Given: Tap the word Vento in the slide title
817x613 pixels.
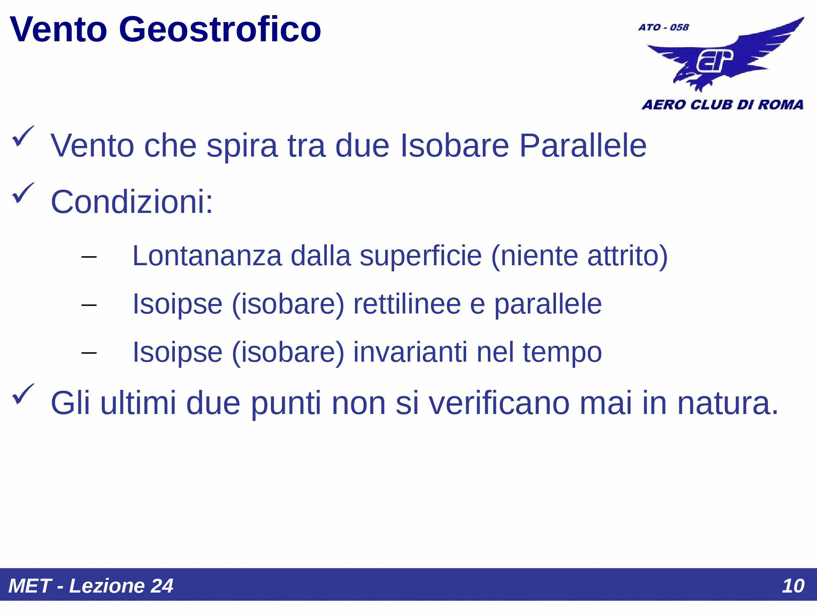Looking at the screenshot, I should click(x=58, y=29).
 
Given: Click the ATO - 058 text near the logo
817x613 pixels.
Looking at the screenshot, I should click(x=663, y=27).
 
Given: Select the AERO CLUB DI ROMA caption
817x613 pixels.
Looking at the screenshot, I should click(x=722, y=105).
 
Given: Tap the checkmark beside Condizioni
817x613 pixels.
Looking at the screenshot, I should click(x=23, y=193).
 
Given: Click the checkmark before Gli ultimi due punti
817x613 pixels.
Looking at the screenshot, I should click(x=23, y=394).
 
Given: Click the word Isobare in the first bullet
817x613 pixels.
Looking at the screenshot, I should click(x=454, y=145).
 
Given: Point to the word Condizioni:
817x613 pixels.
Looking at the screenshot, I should click(x=132, y=202).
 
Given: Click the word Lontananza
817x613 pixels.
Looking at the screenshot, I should click(x=207, y=256).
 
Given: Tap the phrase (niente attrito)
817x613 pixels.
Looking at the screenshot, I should click(x=579, y=256).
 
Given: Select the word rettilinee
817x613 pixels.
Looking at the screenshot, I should click(x=407, y=304).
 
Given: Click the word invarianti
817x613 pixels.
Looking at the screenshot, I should click(x=410, y=352).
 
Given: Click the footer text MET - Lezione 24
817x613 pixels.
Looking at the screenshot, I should click(x=91, y=586).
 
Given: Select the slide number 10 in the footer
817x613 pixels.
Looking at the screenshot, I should click(x=793, y=586).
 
